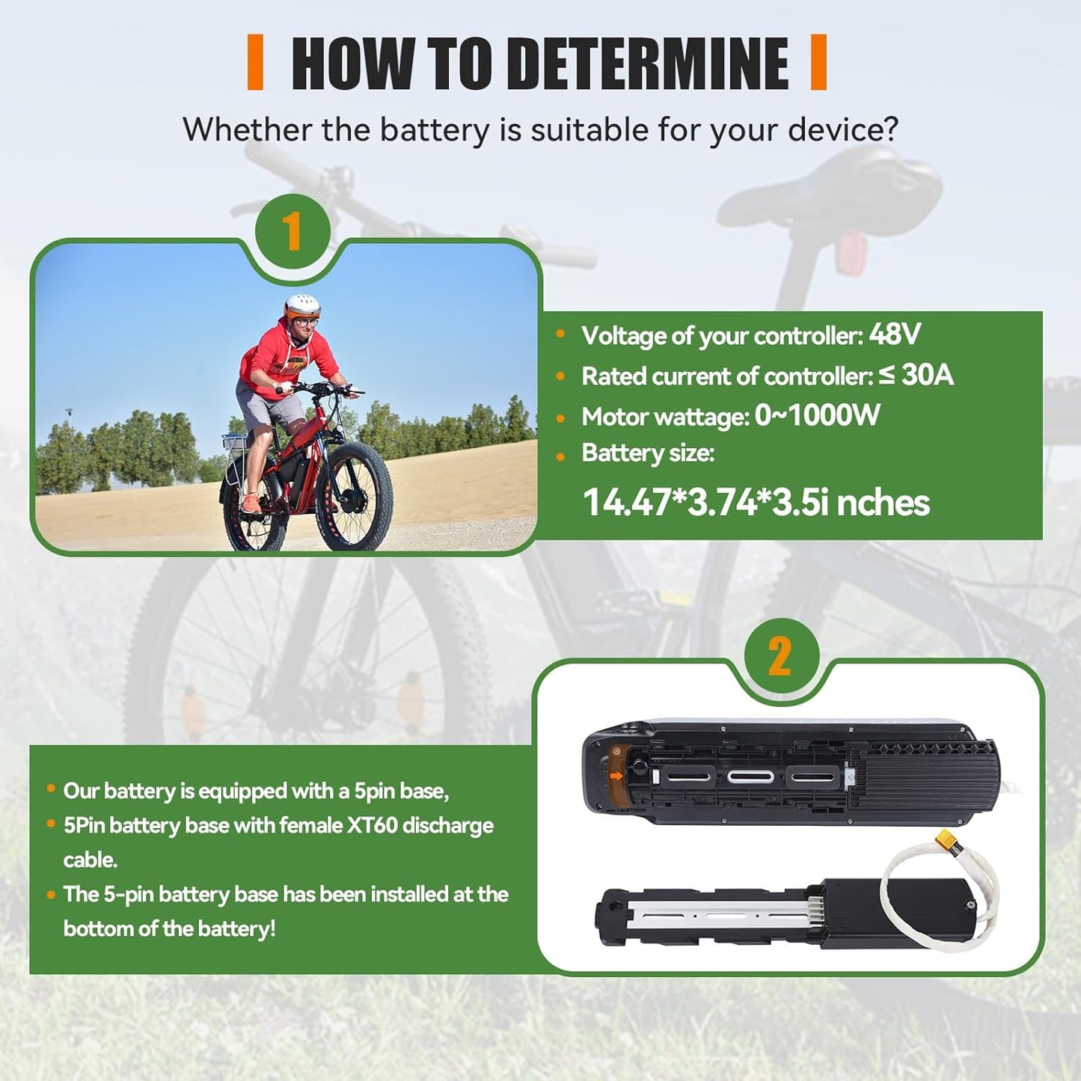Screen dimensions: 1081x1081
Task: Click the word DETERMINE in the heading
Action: click(647, 64)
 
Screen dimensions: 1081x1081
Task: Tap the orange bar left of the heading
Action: click(255, 63)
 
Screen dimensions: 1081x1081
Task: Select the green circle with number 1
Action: click(293, 231)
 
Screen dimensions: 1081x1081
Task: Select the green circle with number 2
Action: click(781, 656)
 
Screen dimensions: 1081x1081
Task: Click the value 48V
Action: click(895, 334)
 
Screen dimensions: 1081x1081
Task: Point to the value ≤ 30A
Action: click(916, 375)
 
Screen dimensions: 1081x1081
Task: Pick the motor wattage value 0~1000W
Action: click(817, 415)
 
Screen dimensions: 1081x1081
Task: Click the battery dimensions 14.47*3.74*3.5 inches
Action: click(756, 502)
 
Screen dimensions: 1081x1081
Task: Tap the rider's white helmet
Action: click(302, 304)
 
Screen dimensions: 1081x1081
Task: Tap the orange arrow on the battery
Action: click(616, 776)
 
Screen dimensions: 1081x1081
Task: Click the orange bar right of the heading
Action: click(818, 63)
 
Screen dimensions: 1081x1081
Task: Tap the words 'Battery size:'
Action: click(648, 453)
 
